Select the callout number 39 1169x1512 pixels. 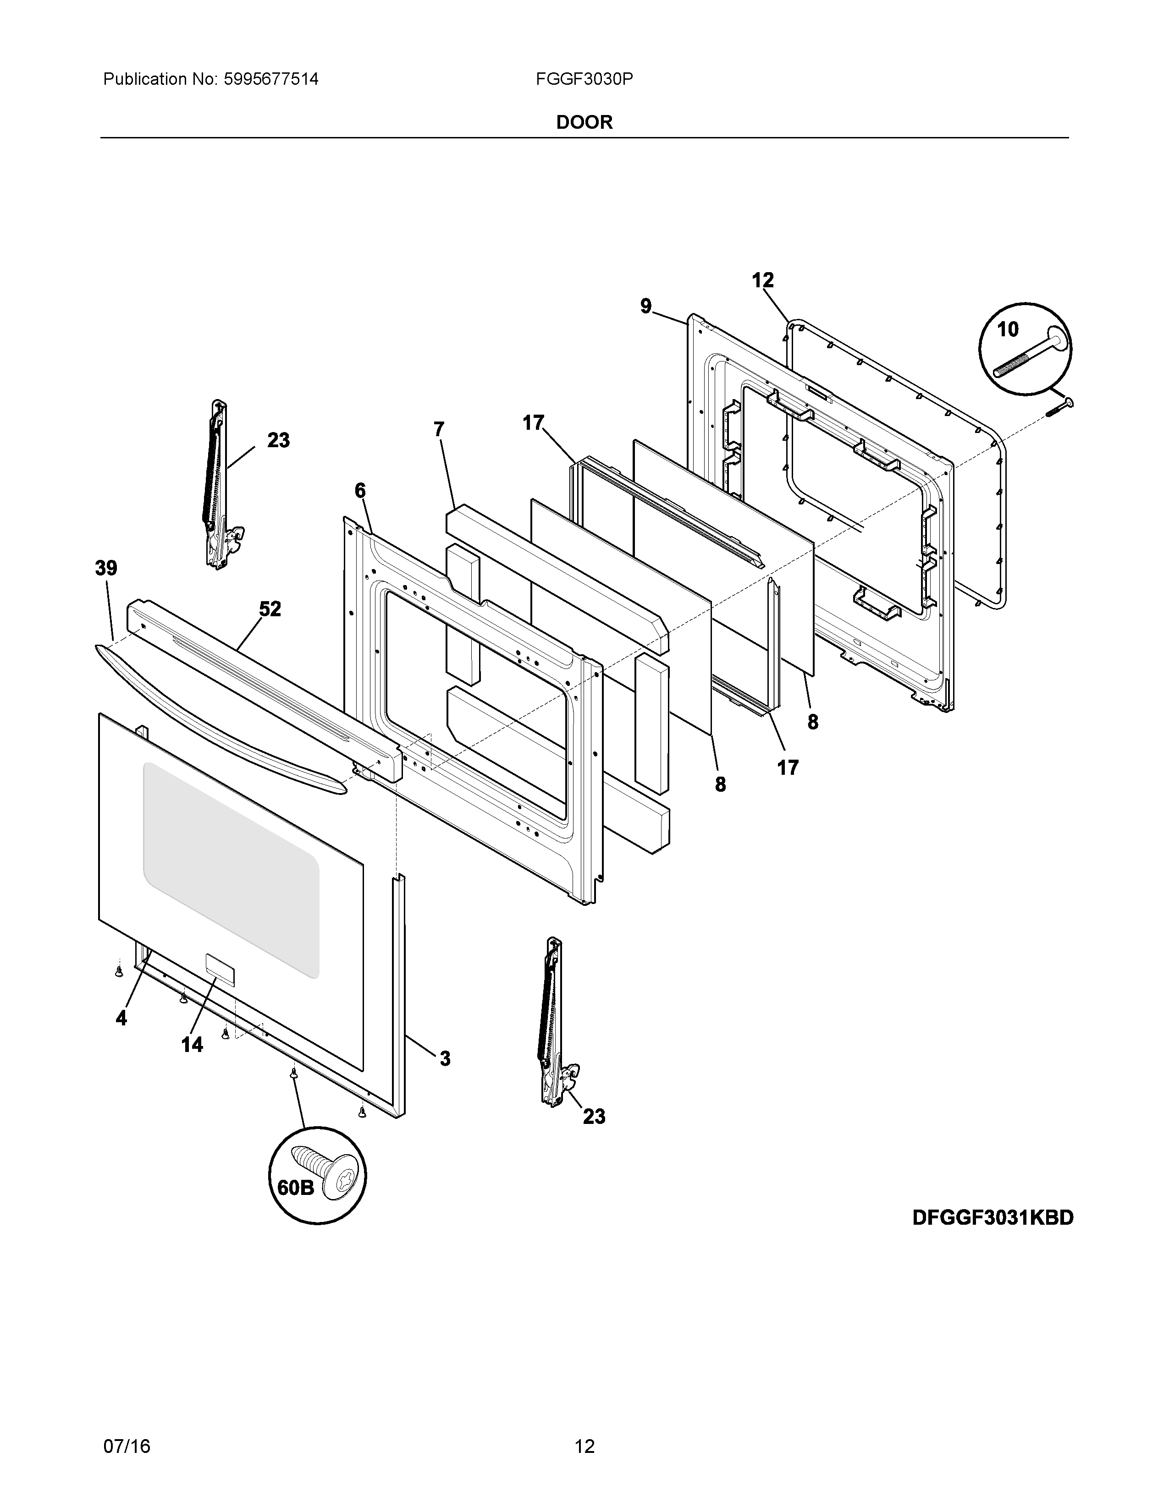[106, 569]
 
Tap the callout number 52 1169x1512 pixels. [270, 609]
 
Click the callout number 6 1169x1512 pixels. [360, 491]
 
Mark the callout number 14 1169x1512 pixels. [192, 1045]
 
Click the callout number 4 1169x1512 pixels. [121, 1018]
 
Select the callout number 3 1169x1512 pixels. [445, 1058]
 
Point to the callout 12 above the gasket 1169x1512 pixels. [762, 280]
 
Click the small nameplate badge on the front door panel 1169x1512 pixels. [219, 968]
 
